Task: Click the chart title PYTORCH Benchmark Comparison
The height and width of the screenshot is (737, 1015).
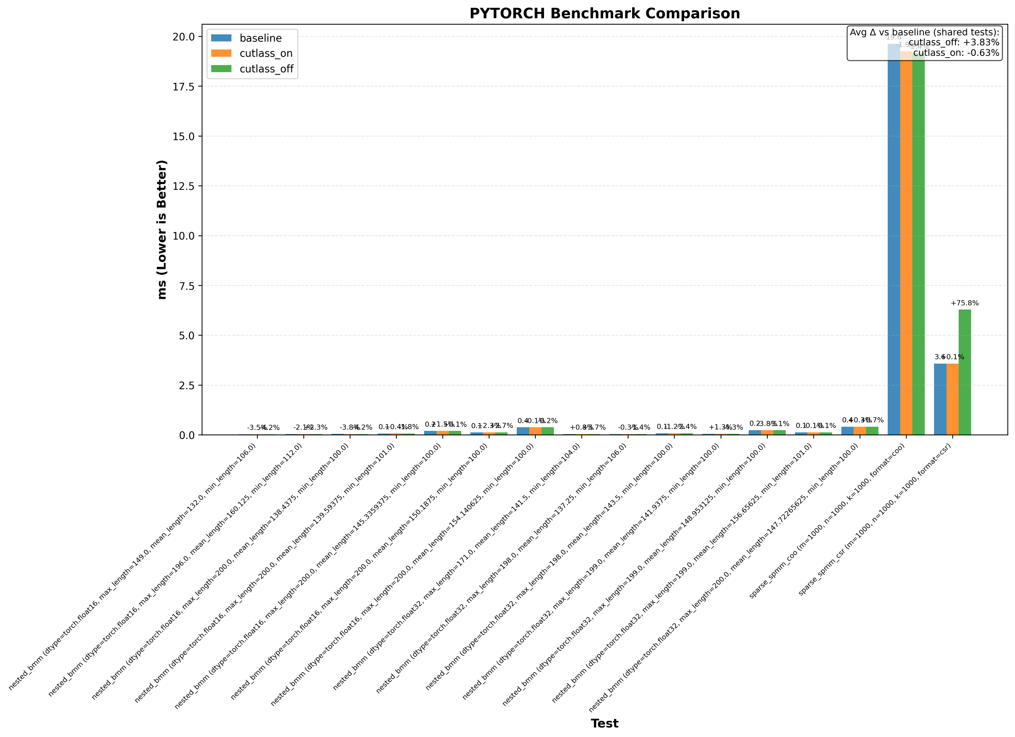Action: (x=605, y=13)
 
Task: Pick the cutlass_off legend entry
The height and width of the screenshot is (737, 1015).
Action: (x=266, y=69)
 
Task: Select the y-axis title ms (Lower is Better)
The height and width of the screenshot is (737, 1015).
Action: (x=162, y=229)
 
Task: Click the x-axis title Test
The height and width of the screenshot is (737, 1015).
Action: (x=605, y=723)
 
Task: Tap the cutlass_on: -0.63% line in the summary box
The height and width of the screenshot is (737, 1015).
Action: (x=956, y=53)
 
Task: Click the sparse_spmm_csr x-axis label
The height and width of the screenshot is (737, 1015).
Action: (x=875, y=521)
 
